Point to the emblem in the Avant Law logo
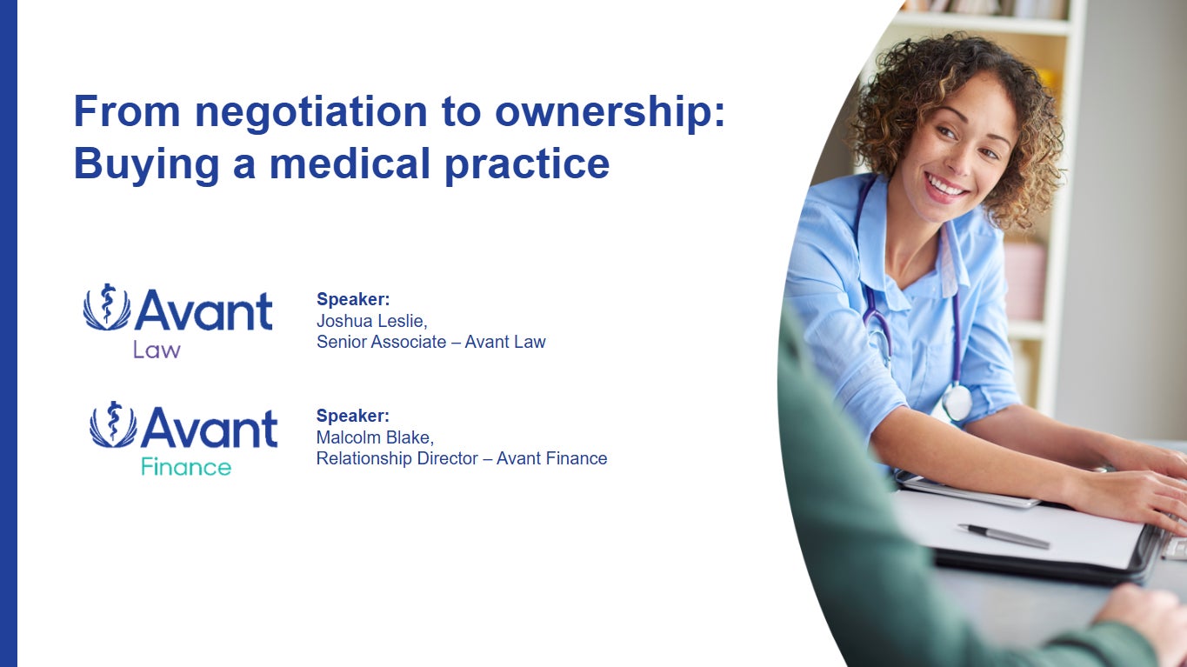[x=107, y=307]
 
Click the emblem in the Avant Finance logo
[x=113, y=424]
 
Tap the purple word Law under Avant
[x=157, y=350]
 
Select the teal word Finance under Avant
[x=186, y=467]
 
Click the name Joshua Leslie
[x=370, y=320]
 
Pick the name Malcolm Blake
[x=374, y=437]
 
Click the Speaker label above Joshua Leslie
[x=353, y=299]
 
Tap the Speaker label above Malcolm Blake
[x=353, y=416]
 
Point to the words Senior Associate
[x=381, y=342]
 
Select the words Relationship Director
[x=402, y=458]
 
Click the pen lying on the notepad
[x=1004, y=536]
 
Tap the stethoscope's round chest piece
[x=957, y=403]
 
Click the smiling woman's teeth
[x=945, y=185]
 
